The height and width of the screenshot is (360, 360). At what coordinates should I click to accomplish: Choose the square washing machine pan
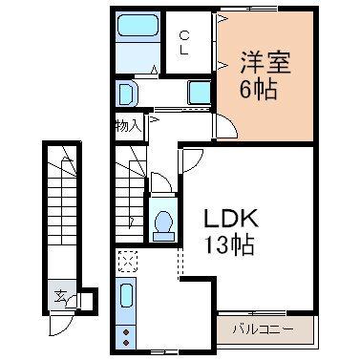(199, 93)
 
